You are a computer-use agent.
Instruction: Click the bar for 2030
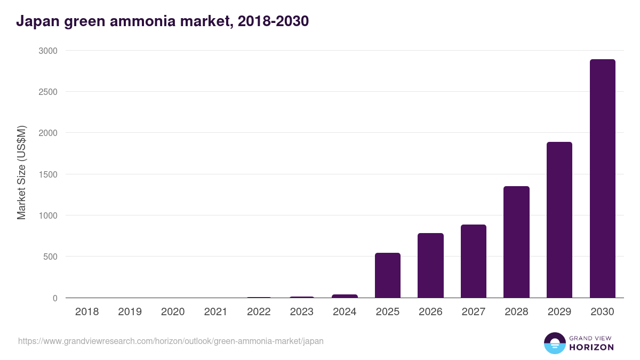(x=602, y=179)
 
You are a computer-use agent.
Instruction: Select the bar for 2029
(x=559, y=220)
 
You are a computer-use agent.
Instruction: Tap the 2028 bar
(x=516, y=242)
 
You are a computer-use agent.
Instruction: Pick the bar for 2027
(x=474, y=261)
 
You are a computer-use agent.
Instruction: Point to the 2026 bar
(x=430, y=266)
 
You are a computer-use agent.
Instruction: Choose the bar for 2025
(x=388, y=275)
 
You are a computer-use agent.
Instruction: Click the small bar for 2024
(x=345, y=296)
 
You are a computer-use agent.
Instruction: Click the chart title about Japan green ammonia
(x=163, y=21)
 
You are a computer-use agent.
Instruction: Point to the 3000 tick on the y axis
(x=47, y=51)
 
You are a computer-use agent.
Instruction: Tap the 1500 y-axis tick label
(x=47, y=174)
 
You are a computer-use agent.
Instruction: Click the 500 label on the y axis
(x=50, y=257)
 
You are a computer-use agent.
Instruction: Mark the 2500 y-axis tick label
(x=47, y=92)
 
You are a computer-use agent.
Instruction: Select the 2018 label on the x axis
(x=87, y=311)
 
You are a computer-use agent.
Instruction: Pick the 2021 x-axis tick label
(x=215, y=311)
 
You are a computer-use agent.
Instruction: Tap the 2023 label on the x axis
(x=301, y=311)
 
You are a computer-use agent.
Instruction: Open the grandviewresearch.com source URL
(x=171, y=341)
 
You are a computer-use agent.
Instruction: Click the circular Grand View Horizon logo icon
(x=554, y=343)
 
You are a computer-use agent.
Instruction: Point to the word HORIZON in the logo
(x=591, y=347)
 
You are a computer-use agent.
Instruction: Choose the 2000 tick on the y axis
(x=47, y=133)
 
